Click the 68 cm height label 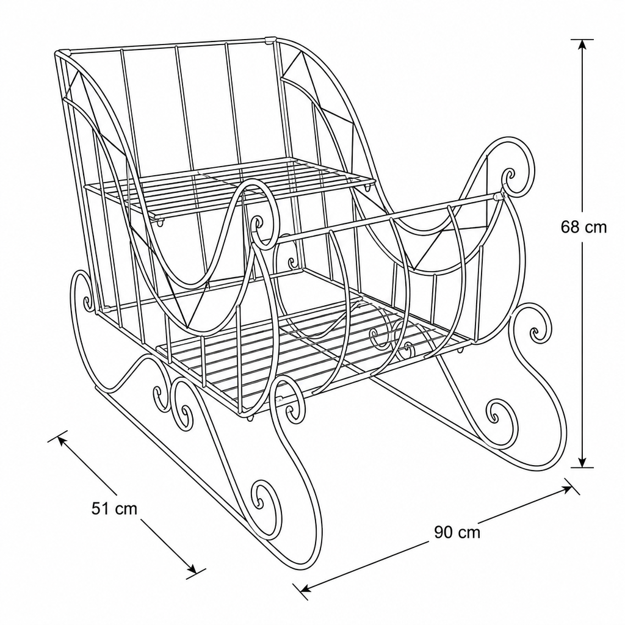coord(583,227)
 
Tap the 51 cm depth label coord(114,508)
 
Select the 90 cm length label coord(457,532)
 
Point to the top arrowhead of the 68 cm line coord(582,45)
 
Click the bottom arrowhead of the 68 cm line coord(582,462)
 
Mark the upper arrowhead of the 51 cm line coord(62,441)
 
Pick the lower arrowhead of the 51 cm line coord(191,569)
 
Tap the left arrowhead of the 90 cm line coord(306,588)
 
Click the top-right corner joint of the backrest coord(270,40)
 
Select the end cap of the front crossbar coord(498,196)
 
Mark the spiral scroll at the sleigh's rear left coord(84,295)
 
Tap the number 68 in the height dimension coord(570,227)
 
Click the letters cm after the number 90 coord(469,533)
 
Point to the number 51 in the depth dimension coord(100,508)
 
